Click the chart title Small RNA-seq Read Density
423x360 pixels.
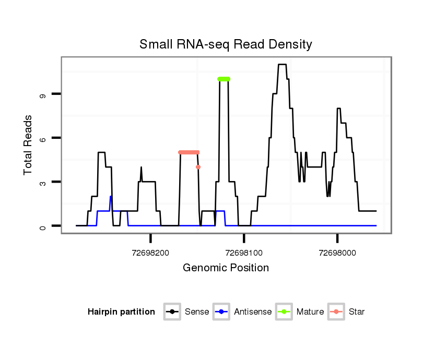(226, 44)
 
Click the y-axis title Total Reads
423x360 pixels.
(28, 145)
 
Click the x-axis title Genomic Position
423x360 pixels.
(226, 268)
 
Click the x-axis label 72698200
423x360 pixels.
(150, 253)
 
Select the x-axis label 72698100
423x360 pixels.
(244, 253)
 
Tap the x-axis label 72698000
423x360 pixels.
(337, 253)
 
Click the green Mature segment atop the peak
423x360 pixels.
(224, 79)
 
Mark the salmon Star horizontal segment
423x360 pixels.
(189, 152)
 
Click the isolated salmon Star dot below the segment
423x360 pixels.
(198, 167)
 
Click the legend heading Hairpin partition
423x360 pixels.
(121, 312)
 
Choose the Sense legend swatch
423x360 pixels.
(172, 312)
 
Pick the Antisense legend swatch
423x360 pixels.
(221, 312)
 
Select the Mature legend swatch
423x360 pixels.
(284, 312)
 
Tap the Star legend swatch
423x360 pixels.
(336, 312)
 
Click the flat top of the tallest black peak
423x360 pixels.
(283, 64)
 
